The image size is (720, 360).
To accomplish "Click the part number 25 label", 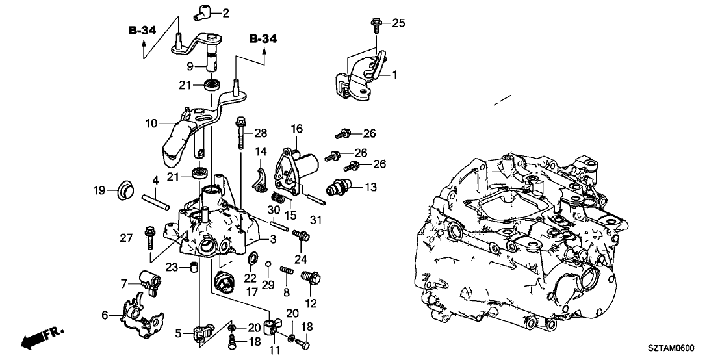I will pos(398,23).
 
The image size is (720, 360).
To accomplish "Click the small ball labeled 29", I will pos(268,263).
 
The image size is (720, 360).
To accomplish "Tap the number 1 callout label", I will pos(394,75).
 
